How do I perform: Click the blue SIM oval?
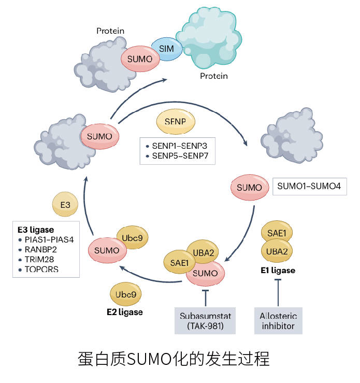click(166, 49)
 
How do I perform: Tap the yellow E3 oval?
click(65, 205)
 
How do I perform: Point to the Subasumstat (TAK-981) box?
click(205, 321)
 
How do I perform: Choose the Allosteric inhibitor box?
click(278, 321)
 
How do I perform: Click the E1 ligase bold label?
click(278, 271)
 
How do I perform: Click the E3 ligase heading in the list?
click(36, 230)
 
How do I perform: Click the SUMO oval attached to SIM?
click(139, 59)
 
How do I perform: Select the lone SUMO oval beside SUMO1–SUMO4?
click(249, 187)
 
